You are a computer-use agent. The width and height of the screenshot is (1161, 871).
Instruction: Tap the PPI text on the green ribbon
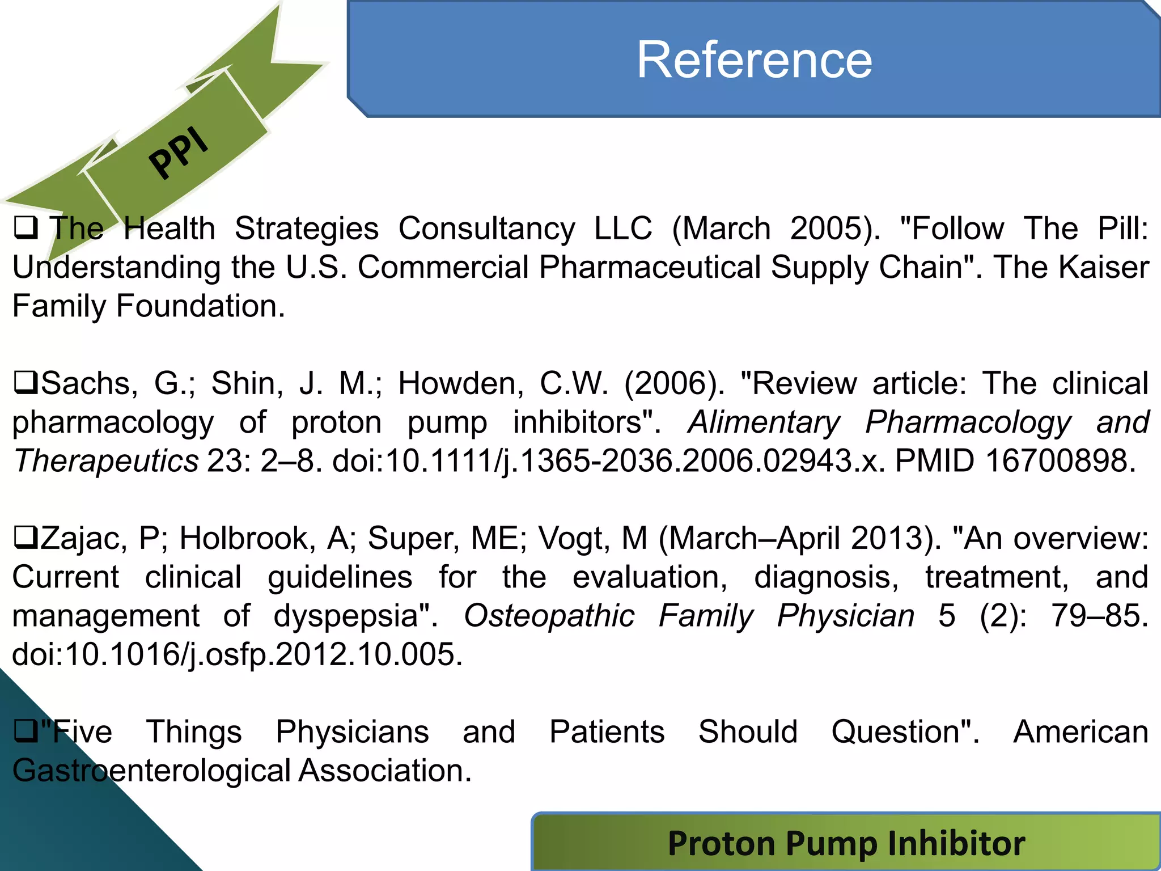(179, 152)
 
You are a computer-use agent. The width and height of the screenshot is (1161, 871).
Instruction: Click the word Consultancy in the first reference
(486, 229)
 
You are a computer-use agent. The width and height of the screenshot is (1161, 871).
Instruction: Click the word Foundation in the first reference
(200, 306)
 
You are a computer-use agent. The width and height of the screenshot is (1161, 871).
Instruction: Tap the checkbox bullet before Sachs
(25, 383)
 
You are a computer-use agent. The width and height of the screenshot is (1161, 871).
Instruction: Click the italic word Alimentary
(764, 422)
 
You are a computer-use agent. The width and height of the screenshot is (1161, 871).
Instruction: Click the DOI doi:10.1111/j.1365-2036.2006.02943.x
(608, 460)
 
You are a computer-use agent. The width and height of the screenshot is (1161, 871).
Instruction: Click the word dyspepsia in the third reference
(355, 616)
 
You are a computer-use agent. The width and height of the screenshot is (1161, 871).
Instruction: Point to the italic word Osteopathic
(549, 616)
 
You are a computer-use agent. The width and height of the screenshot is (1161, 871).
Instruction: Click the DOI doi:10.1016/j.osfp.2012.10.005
(237, 654)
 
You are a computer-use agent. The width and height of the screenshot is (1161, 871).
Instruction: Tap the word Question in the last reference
(905, 732)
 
